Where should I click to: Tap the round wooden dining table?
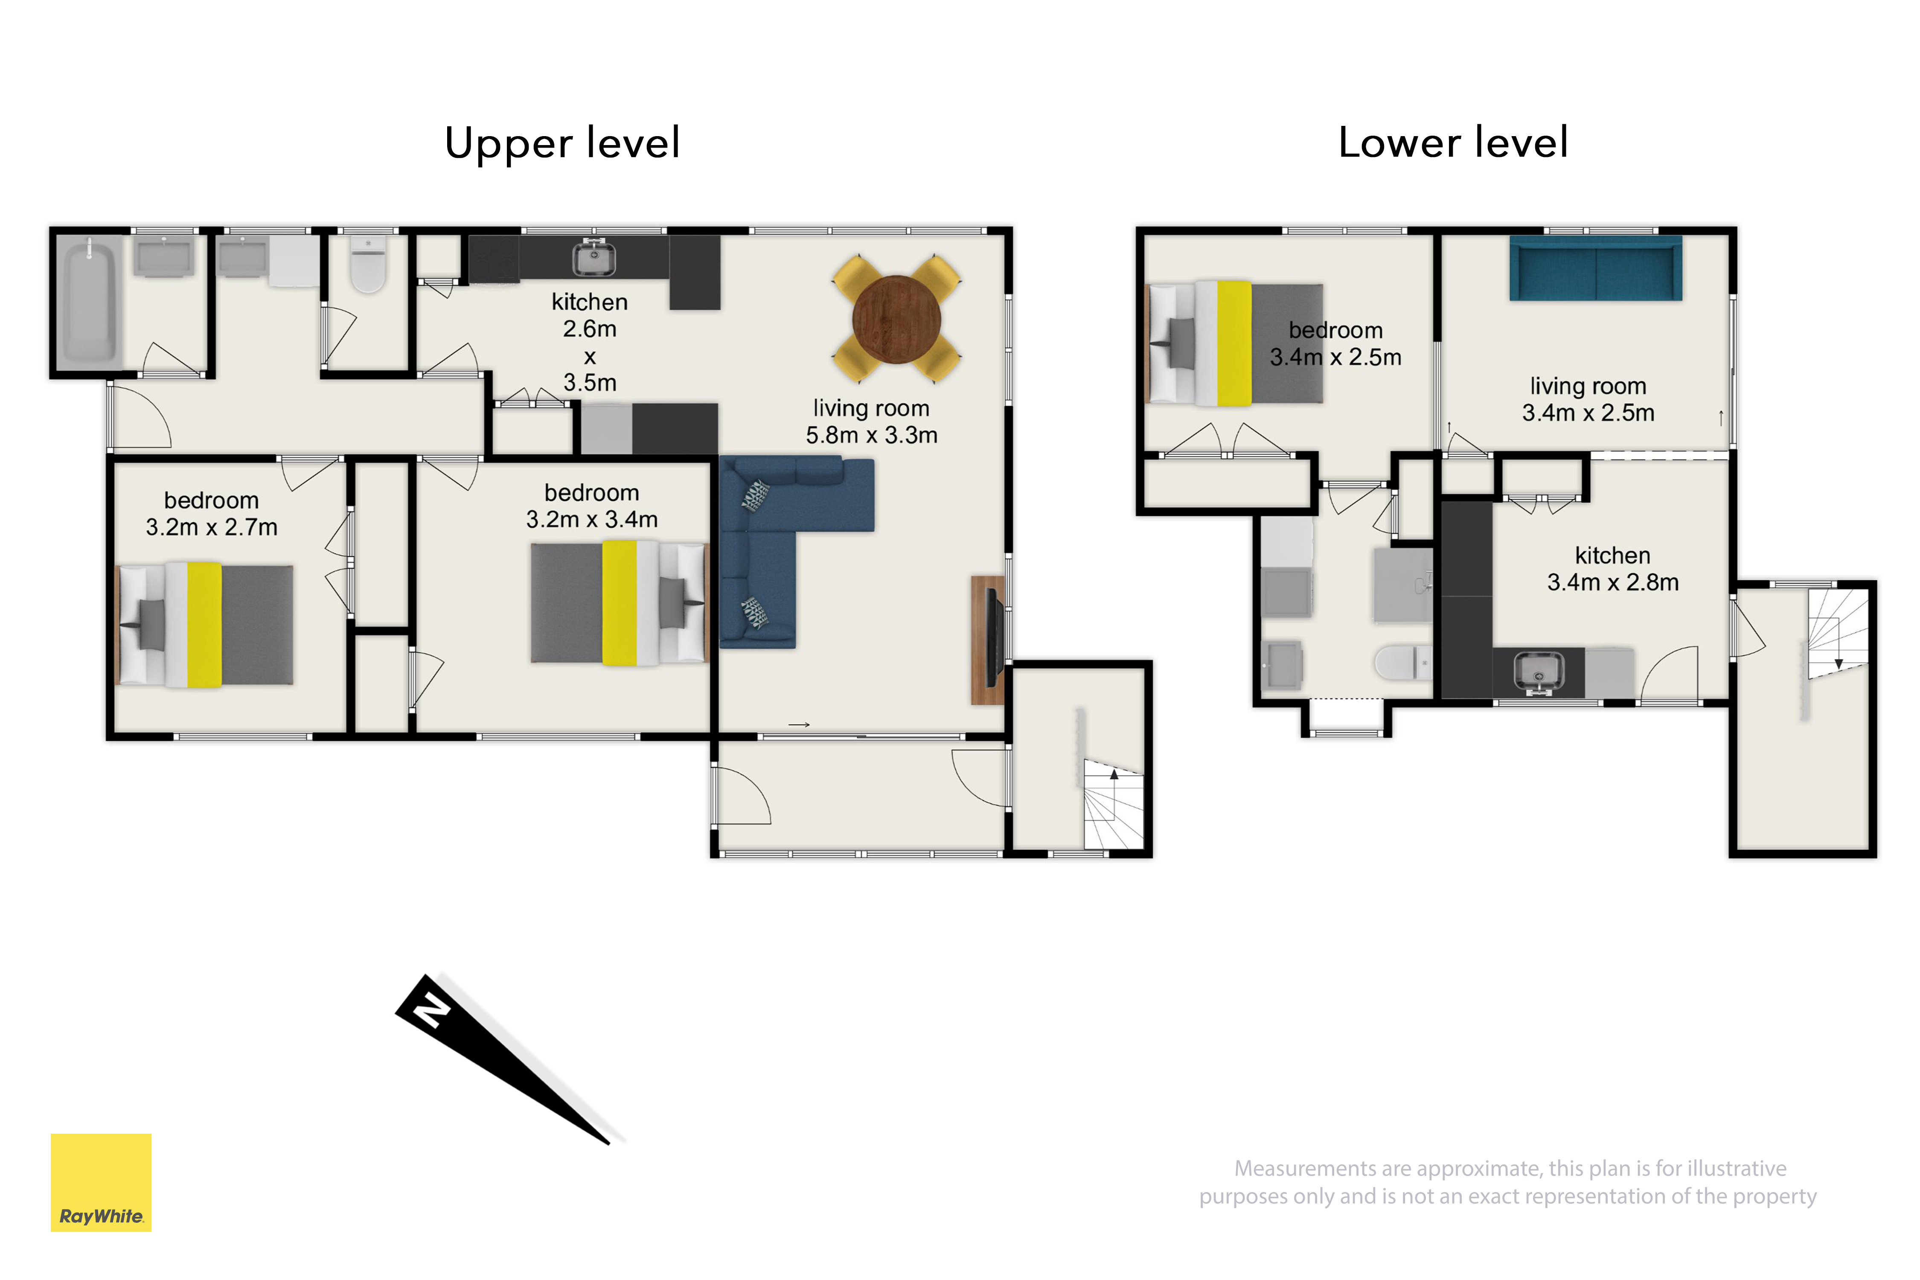click(x=896, y=319)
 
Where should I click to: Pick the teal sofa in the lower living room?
click(x=1596, y=268)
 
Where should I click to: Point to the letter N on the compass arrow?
click(x=431, y=1012)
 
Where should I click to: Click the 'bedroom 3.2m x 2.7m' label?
click(x=212, y=513)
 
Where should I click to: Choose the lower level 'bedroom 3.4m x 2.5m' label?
click(x=1335, y=343)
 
